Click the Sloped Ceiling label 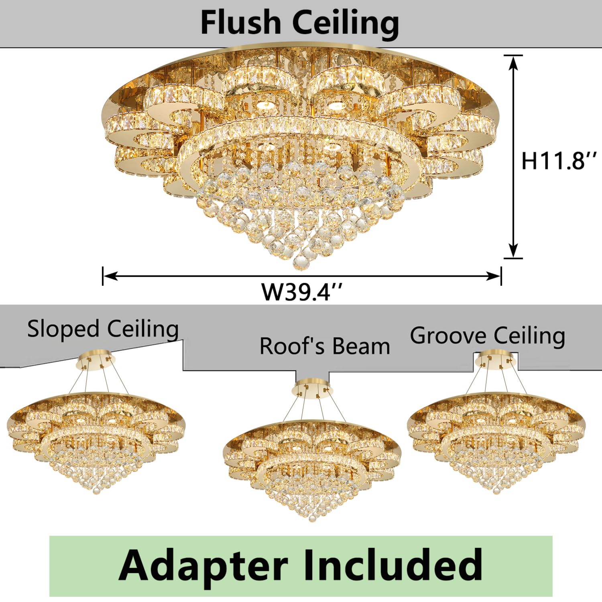(103, 329)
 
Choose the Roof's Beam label (325, 346)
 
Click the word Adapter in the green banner (203, 565)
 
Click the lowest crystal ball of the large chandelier (301, 262)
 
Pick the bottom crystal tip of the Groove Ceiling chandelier (496, 490)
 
